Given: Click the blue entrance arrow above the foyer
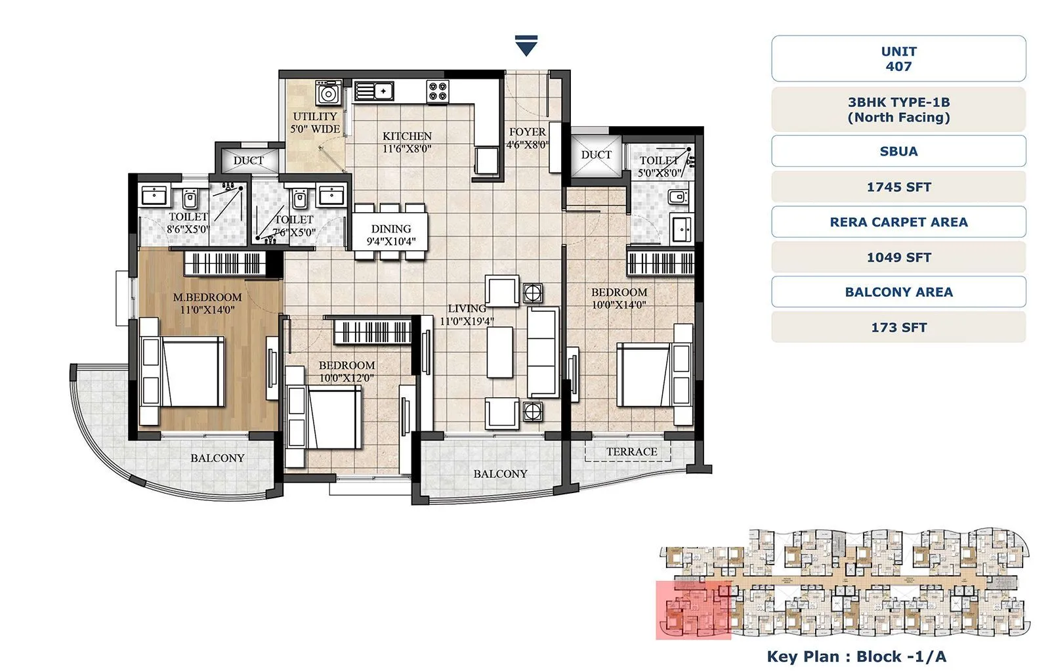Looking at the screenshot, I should pos(526,46).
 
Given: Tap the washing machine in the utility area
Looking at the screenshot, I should pos(328,93).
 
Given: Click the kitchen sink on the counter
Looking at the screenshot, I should pos(374,91).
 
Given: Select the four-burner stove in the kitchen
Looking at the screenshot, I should pos(438,91).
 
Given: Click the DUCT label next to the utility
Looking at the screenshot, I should pos(249,160).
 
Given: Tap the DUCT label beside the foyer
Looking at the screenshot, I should pos(596,154).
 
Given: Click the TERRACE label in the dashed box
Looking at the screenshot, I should pos(631,452).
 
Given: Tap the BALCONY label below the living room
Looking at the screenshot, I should pos(500,473).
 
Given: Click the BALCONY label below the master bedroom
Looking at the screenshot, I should pos(217,458).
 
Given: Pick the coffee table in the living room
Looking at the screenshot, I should pos(499,353).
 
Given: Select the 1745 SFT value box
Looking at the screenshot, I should pos(898,187).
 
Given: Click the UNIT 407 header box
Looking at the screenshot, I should pos(898,58).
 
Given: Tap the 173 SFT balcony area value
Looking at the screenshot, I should pos(898,327).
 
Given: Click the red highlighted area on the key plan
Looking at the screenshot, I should pos(693,610).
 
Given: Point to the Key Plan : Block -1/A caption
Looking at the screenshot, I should pos(856,656).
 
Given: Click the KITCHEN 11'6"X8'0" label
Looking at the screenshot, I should pos(407,142).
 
